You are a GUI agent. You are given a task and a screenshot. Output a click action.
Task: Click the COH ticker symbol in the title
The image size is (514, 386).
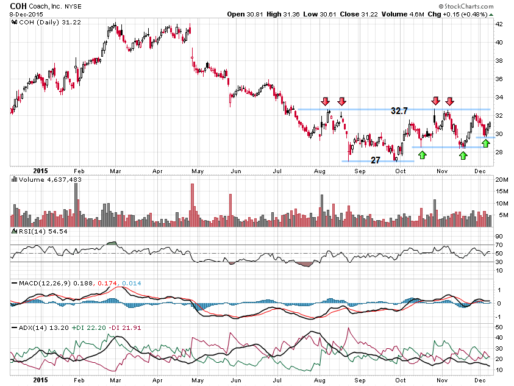[19, 5]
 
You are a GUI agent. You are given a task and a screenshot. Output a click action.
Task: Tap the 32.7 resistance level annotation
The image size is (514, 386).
[400, 112]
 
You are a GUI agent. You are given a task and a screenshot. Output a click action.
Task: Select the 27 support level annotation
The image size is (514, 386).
[376, 160]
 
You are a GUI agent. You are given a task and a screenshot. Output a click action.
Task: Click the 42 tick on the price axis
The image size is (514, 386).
[498, 24]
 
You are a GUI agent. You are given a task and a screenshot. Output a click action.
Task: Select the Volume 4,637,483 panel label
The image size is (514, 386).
[46, 180]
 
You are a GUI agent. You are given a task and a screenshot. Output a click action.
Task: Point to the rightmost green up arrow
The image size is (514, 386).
[485, 143]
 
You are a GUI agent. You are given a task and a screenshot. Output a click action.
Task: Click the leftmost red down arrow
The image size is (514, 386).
[326, 101]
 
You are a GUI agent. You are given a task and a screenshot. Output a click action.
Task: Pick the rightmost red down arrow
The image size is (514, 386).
[449, 101]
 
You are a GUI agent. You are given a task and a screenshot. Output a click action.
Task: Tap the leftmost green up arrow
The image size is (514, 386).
[423, 155]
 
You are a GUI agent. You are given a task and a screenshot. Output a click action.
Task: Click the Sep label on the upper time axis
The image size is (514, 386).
[360, 171]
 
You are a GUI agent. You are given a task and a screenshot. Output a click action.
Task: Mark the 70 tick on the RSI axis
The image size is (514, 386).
[498, 245]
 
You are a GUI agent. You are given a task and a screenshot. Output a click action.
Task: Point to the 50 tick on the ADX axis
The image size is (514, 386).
[498, 327]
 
